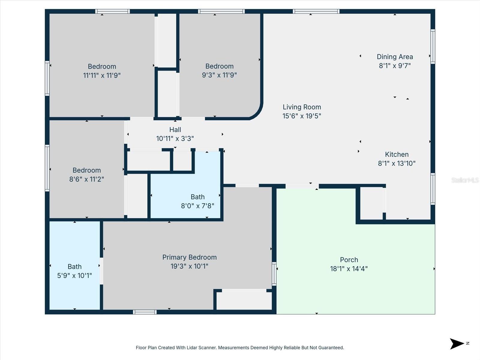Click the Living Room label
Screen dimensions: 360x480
click(301, 107)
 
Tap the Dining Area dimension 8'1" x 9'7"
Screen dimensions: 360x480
click(394, 66)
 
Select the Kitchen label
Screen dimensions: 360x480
click(397, 154)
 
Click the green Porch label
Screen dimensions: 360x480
click(349, 260)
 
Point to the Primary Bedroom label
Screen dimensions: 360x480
click(189, 257)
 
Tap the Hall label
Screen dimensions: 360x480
click(175, 130)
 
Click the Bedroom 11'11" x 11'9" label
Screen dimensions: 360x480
click(102, 67)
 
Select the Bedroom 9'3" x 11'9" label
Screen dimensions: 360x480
click(219, 66)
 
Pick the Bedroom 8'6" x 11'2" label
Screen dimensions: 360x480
click(86, 170)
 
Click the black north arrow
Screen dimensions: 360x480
click(457, 343)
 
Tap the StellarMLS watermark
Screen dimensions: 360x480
click(465, 180)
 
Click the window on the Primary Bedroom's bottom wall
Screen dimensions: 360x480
click(145, 312)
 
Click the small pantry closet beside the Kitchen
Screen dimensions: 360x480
click(371, 203)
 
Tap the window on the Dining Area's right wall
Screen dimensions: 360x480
click(433, 46)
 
